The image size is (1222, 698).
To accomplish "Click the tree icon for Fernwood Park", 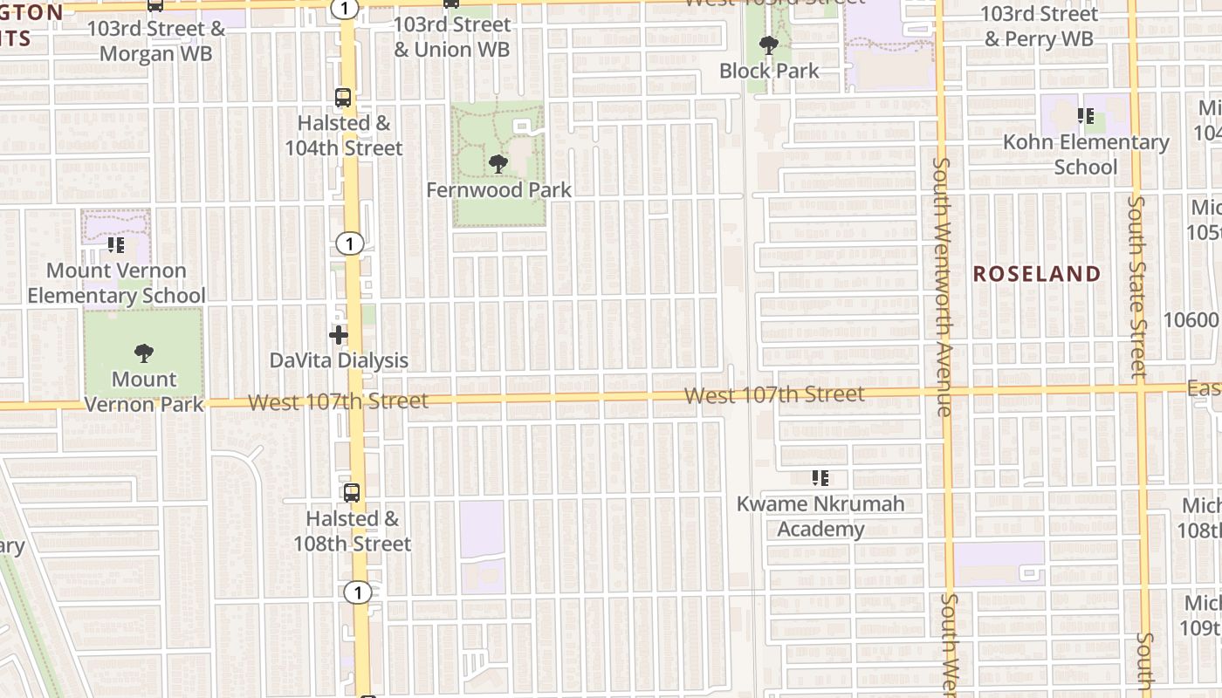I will [x=498, y=163].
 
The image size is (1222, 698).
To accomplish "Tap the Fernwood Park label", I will [x=498, y=189].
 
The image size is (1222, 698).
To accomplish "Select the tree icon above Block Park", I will [x=768, y=44].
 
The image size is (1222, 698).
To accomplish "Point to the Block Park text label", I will [x=769, y=71].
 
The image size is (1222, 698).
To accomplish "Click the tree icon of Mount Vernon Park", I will [x=144, y=353].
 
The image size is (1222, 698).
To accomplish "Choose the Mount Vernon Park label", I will [x=144, y=392].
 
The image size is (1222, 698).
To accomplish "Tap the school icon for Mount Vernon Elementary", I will [x=116, y=245].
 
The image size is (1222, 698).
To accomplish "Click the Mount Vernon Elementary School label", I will [x=116, y=284].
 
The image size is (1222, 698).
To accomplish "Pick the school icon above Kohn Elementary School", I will [x=1086, y=115].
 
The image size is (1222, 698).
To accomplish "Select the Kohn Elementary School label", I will [x=1086, y=154].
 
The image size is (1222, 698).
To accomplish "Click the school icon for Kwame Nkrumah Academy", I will [x=820, y=477].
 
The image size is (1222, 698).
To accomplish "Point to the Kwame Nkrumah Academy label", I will [x=820, y=517].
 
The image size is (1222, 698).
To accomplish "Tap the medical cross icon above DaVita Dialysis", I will [x=339, y=334].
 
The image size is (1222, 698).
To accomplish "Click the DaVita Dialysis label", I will [x=339, y=360].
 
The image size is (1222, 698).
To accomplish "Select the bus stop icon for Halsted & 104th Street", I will [x=344, y=97].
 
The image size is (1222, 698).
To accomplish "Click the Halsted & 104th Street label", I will [x=344, y=135].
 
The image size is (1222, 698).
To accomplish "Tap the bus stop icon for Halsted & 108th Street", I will [x=352, y=492].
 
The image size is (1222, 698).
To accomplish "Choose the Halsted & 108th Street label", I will [x=352, y=530].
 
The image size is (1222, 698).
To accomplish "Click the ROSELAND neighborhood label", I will [x=1037, y=274].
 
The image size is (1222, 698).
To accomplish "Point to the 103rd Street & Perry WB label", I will [x=1039, y=26].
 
